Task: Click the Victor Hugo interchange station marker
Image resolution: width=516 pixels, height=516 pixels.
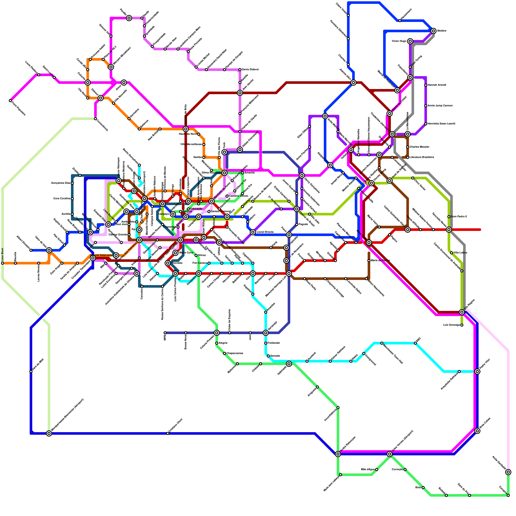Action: click(410, 41)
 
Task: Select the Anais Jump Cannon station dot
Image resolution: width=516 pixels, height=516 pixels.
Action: click(426, 106)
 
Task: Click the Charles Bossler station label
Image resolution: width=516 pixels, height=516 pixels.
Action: click(420, 147)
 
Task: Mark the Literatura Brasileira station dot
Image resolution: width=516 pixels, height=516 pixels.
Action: click(408, 157)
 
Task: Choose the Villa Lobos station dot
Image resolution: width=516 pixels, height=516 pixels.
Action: click(451, 253)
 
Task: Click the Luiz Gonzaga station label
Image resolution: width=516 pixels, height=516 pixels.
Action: click(451, 325)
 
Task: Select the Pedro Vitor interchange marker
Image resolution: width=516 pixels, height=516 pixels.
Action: click(477, 372)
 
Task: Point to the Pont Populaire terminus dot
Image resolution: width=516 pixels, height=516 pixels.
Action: click(10, 101)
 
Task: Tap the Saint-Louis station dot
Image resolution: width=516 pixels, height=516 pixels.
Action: click(54, 77)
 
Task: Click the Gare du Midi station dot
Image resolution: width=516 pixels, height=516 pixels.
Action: click(31, 372)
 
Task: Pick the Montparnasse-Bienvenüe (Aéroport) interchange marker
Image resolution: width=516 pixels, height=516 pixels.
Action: click(49, 433)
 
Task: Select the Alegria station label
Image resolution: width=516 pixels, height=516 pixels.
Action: click(223, 343)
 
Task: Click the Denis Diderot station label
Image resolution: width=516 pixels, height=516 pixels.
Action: click(250, 70)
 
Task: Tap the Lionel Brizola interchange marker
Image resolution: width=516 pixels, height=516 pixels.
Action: click(253, 232)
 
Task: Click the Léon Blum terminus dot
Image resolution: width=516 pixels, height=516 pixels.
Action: click(3, 263)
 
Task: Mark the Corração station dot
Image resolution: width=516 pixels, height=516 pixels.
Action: click(405, 470)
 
